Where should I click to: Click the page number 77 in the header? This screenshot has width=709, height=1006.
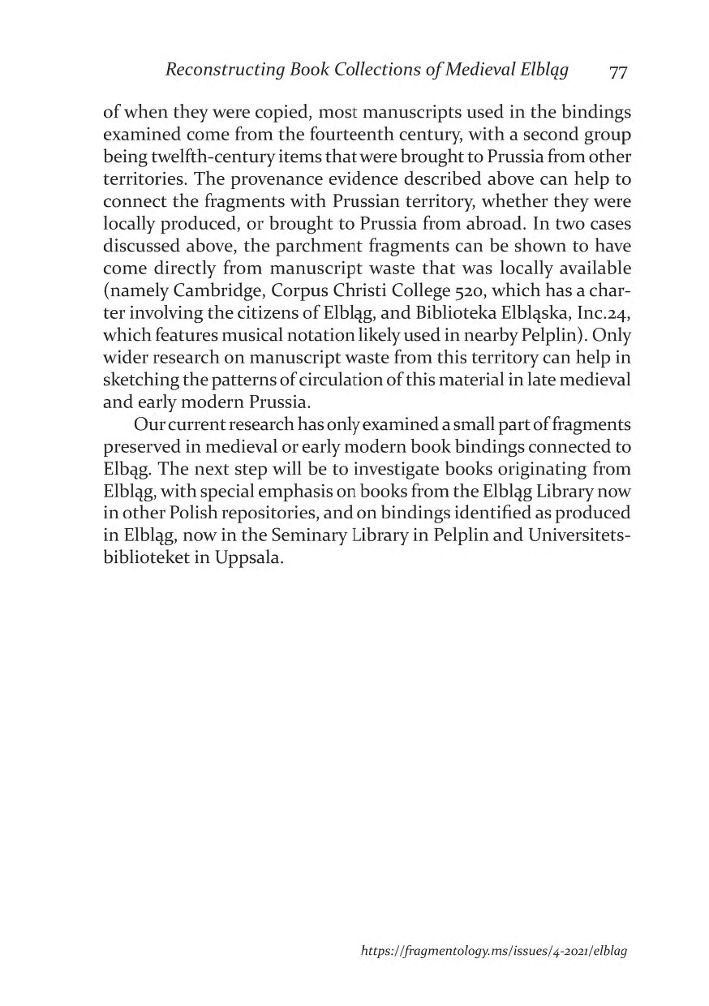click(618, 72)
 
